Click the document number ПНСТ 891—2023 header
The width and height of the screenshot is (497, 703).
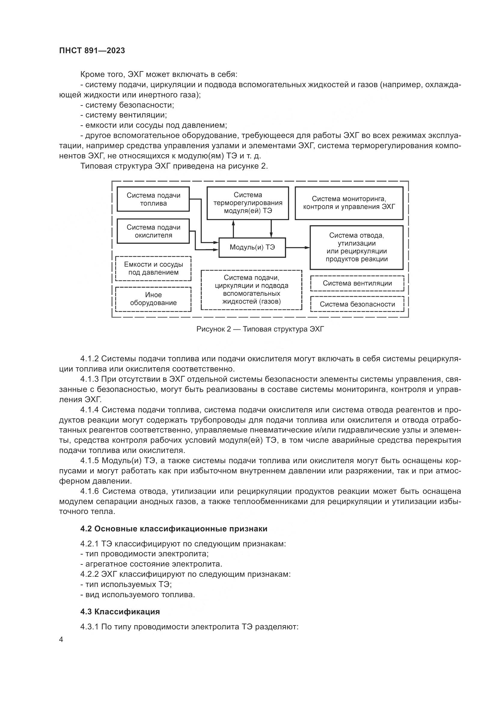point(92,51)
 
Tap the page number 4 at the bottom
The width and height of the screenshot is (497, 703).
point(61,640)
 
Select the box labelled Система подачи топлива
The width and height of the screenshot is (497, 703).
point(153,199)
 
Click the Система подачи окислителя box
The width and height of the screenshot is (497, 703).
point(153,231)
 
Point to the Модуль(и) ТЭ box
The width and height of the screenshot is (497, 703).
point(252,247)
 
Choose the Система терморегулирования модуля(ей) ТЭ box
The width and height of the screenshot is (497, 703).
point(248,203)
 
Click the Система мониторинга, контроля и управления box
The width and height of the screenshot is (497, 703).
point(349,203)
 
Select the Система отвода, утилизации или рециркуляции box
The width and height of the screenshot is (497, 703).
point(357,247)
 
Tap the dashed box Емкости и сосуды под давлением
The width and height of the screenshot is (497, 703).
point(153,268)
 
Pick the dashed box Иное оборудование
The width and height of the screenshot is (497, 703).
point(153,299)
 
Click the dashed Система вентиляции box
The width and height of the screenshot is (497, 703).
point(357,283)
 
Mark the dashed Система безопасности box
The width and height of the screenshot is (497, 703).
point(357,304)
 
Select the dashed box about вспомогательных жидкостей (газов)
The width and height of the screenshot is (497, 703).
point(252,290)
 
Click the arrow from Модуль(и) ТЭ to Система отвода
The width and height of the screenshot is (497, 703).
point(297,247)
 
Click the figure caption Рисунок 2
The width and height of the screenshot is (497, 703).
point(260,329)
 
